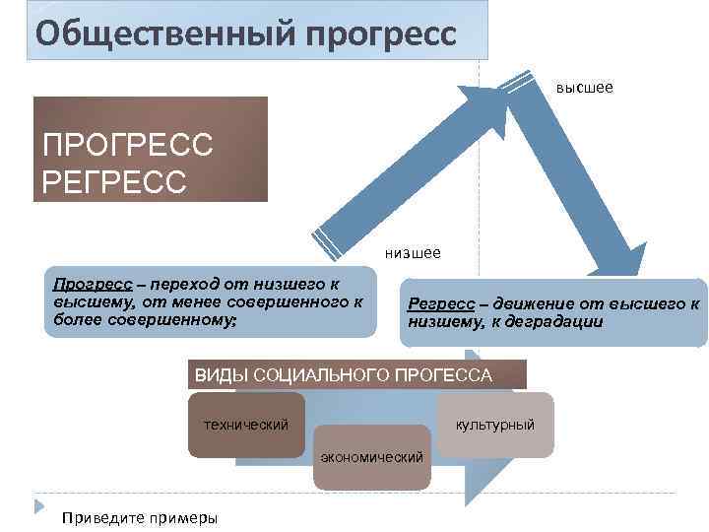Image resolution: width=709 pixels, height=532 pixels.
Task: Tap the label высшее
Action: [x=584, y=89]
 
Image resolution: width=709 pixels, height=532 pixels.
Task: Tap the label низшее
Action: [x=413, y=252]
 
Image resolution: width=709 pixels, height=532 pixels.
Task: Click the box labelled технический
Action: [x=245, y=425]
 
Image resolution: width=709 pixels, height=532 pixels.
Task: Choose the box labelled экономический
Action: [x=372, y=458]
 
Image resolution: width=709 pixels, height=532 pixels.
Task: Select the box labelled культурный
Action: [x=494, y=425]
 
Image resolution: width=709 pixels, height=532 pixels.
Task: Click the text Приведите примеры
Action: [x=139, y=518]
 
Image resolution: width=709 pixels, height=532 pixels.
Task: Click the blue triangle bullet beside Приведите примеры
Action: [x=40, y=507]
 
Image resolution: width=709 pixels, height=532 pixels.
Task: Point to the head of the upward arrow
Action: [x=483, y=100]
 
